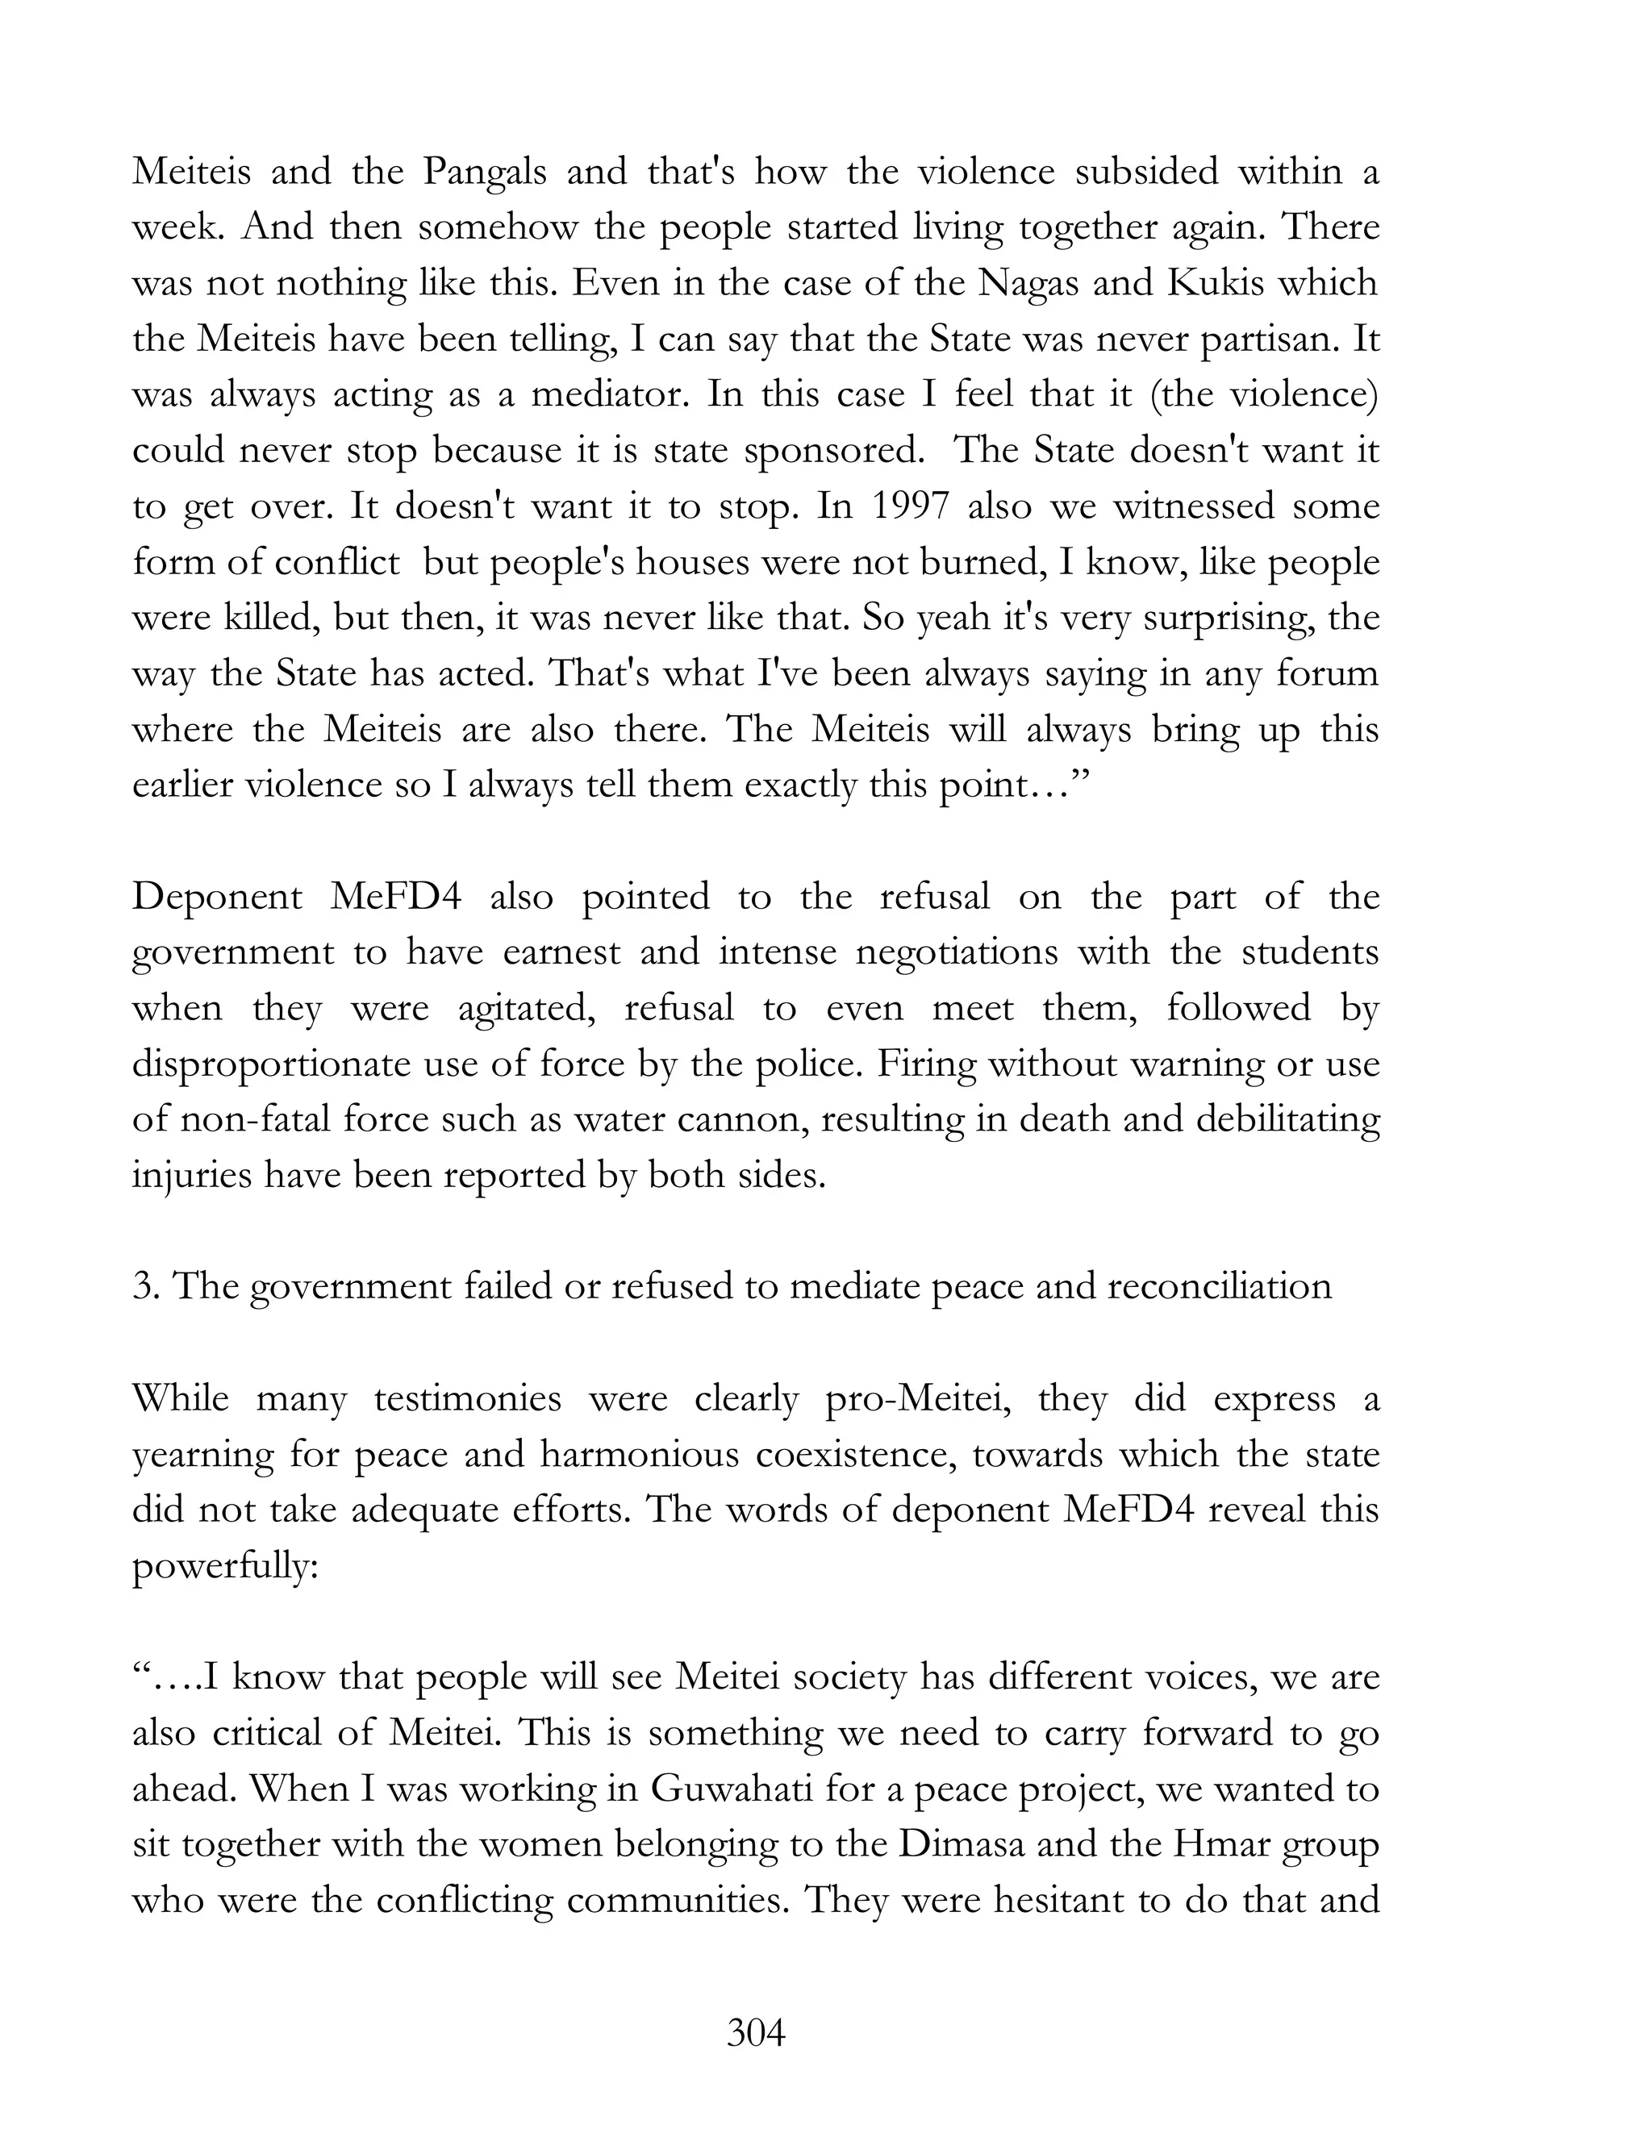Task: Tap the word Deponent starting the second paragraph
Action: click(x=217, y=898)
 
